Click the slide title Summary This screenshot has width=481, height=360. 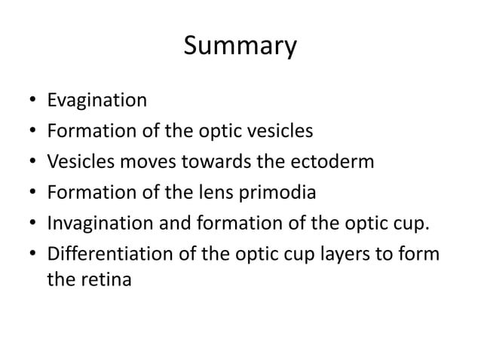[240, 47]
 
